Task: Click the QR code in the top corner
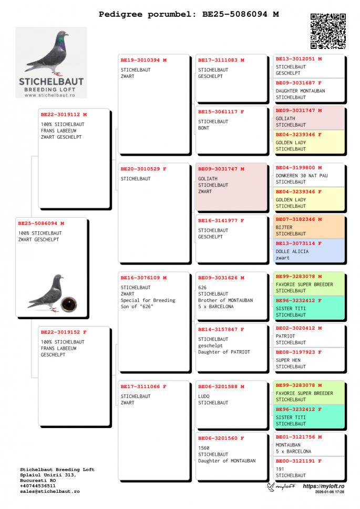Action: pos(328,31)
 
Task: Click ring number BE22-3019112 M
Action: pos(64,114)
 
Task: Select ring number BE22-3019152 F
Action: pos(64,332)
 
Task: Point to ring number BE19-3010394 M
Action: pos(143,60)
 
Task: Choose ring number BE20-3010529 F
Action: pos(143,169)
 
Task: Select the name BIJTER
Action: pos(284,227)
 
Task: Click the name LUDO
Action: pos(204,396)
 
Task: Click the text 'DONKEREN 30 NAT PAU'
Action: pos(301,176)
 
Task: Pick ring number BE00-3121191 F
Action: pos(299,461)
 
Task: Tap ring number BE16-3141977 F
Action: pos(221,220)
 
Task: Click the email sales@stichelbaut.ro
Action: pos(50,491)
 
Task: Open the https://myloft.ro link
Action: pos(323,486)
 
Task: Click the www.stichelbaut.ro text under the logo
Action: pos(52,95)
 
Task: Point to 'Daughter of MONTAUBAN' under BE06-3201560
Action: pos(227,461)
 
